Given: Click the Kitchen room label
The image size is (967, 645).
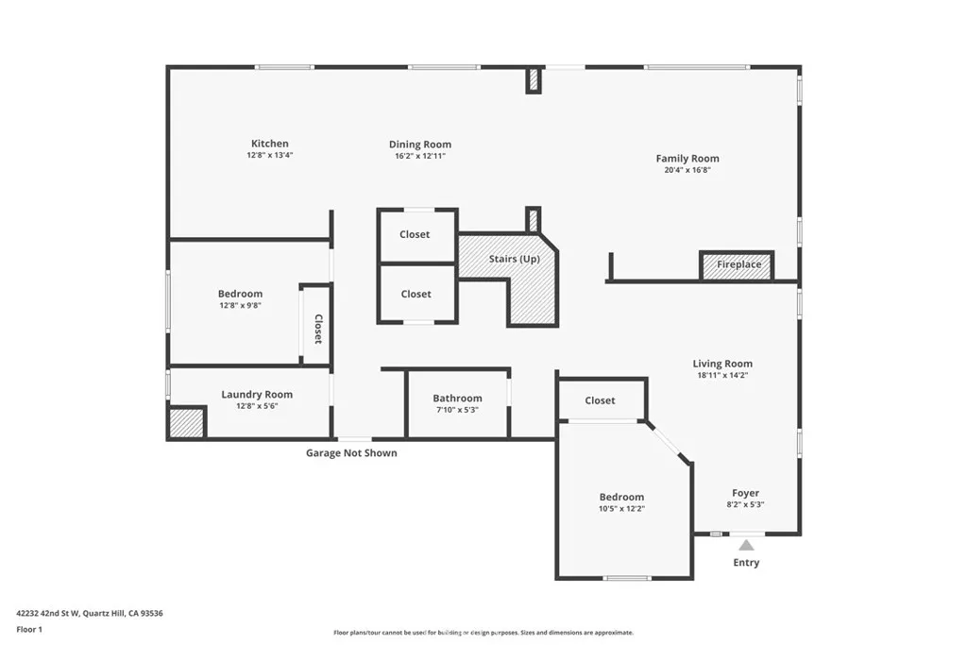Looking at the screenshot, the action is pos(269,144).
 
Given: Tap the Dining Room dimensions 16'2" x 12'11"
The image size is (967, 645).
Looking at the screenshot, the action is pos(420,156).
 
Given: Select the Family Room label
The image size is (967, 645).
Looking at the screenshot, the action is pos(687,159).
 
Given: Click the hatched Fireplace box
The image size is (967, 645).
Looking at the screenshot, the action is pos(737,265).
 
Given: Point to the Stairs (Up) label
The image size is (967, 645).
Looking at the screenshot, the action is pos(515,259).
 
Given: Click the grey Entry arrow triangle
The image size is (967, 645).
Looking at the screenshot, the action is pos(746,545).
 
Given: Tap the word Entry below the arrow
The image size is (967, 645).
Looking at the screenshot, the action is pos(746,563).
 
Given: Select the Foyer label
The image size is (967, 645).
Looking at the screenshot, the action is pos(746,493).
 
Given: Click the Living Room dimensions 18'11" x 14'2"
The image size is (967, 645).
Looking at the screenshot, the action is pos(722,375).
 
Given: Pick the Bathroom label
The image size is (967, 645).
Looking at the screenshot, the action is pos(457,399).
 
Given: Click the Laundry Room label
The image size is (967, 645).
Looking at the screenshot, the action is pos(257,395).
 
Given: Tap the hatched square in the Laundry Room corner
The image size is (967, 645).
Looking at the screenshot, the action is pos(186,422).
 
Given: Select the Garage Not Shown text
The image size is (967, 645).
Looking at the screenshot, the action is pos(351,453).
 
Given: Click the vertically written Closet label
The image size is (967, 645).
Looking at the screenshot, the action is pos(318,329).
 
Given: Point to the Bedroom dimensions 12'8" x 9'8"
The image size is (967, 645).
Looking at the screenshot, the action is pos(241,305).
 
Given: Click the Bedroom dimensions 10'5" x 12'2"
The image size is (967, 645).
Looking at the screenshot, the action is pos(621,509).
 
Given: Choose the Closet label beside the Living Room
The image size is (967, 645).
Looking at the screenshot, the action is pos(600,400).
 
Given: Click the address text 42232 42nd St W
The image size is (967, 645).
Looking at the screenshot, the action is pos(48,614).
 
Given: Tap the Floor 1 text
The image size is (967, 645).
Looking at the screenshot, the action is pos(29,630).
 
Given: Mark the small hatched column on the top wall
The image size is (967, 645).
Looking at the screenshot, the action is pos(534,80).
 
